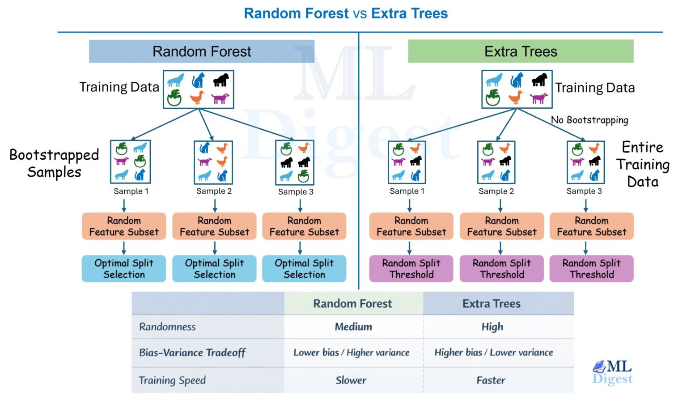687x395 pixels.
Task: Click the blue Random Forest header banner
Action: coord(202,51)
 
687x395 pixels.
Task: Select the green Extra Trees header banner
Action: coord(521,51)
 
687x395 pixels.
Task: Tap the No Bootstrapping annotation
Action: coord(589,120)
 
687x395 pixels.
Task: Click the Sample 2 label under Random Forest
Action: coord(214,191)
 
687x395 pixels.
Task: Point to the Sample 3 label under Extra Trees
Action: coord(584,191)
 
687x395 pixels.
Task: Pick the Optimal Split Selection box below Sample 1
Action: coord(124,268)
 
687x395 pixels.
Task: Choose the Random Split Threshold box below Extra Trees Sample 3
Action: coord(591,268)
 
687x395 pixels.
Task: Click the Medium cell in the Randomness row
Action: coord(353,327)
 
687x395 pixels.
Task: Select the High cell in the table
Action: coord(492,327)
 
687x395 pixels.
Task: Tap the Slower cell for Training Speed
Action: coord(351,380)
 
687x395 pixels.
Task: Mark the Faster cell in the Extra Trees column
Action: coord(491,380)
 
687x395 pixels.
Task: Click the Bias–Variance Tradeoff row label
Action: coord(192,353)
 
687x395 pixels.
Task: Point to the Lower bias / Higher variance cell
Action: coord(351,353)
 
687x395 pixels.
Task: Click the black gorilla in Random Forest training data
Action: coord(221,80)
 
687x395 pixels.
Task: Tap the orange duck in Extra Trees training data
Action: coord(516,97)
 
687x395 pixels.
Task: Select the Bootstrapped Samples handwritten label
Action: coord(54,163)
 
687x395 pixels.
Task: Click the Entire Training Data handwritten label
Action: coord(643,164)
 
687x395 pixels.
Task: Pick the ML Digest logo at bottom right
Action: coord(613,372)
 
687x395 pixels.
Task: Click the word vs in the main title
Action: coord(360,13)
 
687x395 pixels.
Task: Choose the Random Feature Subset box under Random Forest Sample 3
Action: coord(304,226)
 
